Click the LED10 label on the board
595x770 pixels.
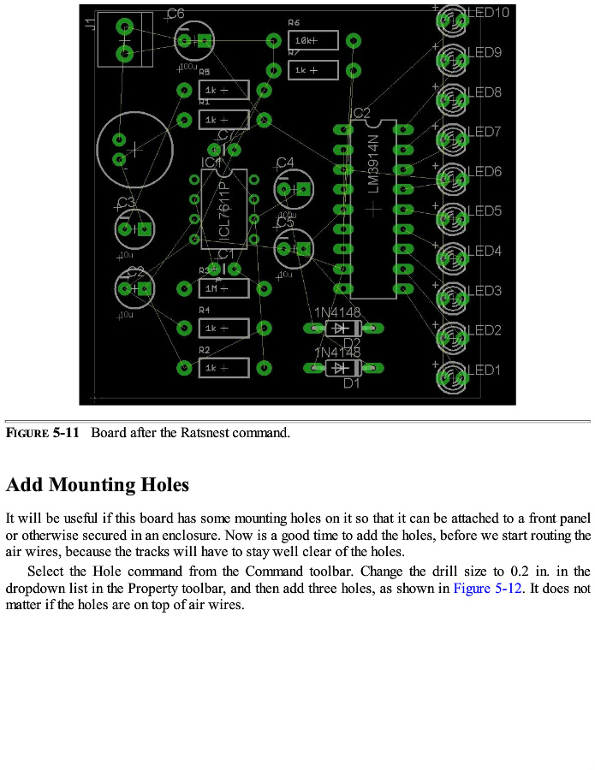(x=489, y=13)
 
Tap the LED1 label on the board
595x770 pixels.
(x=484, y=370)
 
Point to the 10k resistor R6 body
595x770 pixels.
(x=313, y=40)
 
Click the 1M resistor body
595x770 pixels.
(x=223, y=288)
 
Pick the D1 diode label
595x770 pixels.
(x=351, y=384)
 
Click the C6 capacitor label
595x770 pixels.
(x=176, y=14)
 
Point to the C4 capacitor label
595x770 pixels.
(x=284, y=163)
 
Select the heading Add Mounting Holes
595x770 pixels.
(x=97, y=485)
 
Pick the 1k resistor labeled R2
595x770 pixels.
(x=223, y=368)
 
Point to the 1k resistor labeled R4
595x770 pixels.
(x=223, y=328)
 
